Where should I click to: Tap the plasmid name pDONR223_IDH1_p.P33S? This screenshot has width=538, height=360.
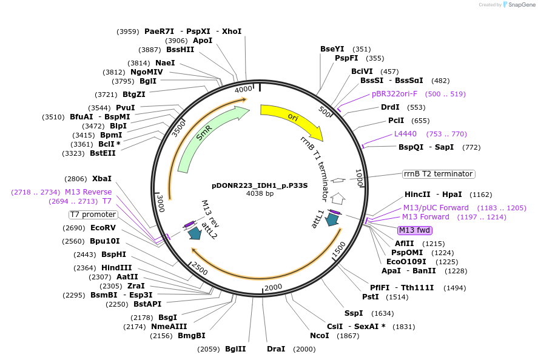point(260,185)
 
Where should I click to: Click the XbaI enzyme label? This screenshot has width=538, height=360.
point(102,179)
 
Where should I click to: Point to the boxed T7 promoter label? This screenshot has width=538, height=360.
point(93,215)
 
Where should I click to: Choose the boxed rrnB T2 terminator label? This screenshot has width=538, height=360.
point(439,174)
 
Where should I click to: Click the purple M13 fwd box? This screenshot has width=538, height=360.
point(414,230)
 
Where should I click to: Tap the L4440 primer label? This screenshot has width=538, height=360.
point(405,134)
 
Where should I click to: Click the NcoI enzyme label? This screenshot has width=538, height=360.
point(319,335)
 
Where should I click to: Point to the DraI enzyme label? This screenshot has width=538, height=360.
point(276,349)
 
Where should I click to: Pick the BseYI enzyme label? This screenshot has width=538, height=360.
point(332,49)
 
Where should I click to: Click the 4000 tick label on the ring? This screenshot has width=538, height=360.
point(243,90)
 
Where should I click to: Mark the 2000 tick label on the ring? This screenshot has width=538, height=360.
point(274,287)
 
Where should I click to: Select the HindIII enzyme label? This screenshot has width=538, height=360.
point(116,267)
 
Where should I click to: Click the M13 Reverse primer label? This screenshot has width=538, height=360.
point(89,192)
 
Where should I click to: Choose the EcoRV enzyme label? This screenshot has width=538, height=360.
point(103,228)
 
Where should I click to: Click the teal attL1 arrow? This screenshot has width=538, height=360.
point(332,220)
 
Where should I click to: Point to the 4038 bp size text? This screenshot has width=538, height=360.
point(260,194)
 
